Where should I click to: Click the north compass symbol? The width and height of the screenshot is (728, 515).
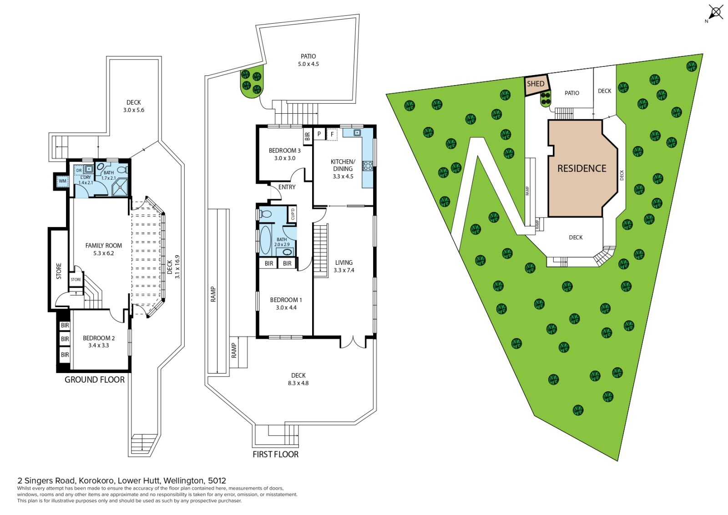point(715,13)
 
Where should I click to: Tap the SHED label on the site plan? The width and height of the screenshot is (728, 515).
point(536,84)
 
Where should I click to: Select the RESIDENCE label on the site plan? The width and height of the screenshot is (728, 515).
point(582,168)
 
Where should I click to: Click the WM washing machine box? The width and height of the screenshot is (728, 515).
point(62,181)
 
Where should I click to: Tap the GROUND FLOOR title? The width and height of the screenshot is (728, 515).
point(95,379)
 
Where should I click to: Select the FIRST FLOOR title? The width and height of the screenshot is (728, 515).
point(276,454)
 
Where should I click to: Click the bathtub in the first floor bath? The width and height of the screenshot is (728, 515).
point(265,240)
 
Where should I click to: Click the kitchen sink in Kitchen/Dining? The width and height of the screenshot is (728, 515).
point(357,132)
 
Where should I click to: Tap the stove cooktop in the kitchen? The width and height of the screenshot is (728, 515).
point(368,166)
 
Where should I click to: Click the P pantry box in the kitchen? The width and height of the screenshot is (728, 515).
point(319,134)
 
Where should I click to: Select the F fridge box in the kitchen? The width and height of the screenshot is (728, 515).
point(332,134)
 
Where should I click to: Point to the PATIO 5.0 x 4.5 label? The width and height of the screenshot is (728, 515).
point(308,60)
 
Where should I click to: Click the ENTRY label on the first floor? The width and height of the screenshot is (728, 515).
point(287,187)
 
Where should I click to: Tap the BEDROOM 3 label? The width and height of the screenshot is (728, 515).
point(285,154)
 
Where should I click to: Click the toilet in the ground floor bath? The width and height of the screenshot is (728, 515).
point(122,170)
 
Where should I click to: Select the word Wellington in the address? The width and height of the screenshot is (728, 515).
point(184,480)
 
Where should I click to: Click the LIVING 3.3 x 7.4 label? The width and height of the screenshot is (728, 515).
point(344,266)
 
